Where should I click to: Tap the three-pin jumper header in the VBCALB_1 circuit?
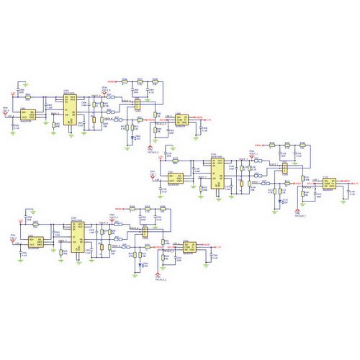point(285,168)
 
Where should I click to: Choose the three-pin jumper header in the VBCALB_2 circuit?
point(146,231)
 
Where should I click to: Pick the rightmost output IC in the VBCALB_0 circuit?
point(181,120)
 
